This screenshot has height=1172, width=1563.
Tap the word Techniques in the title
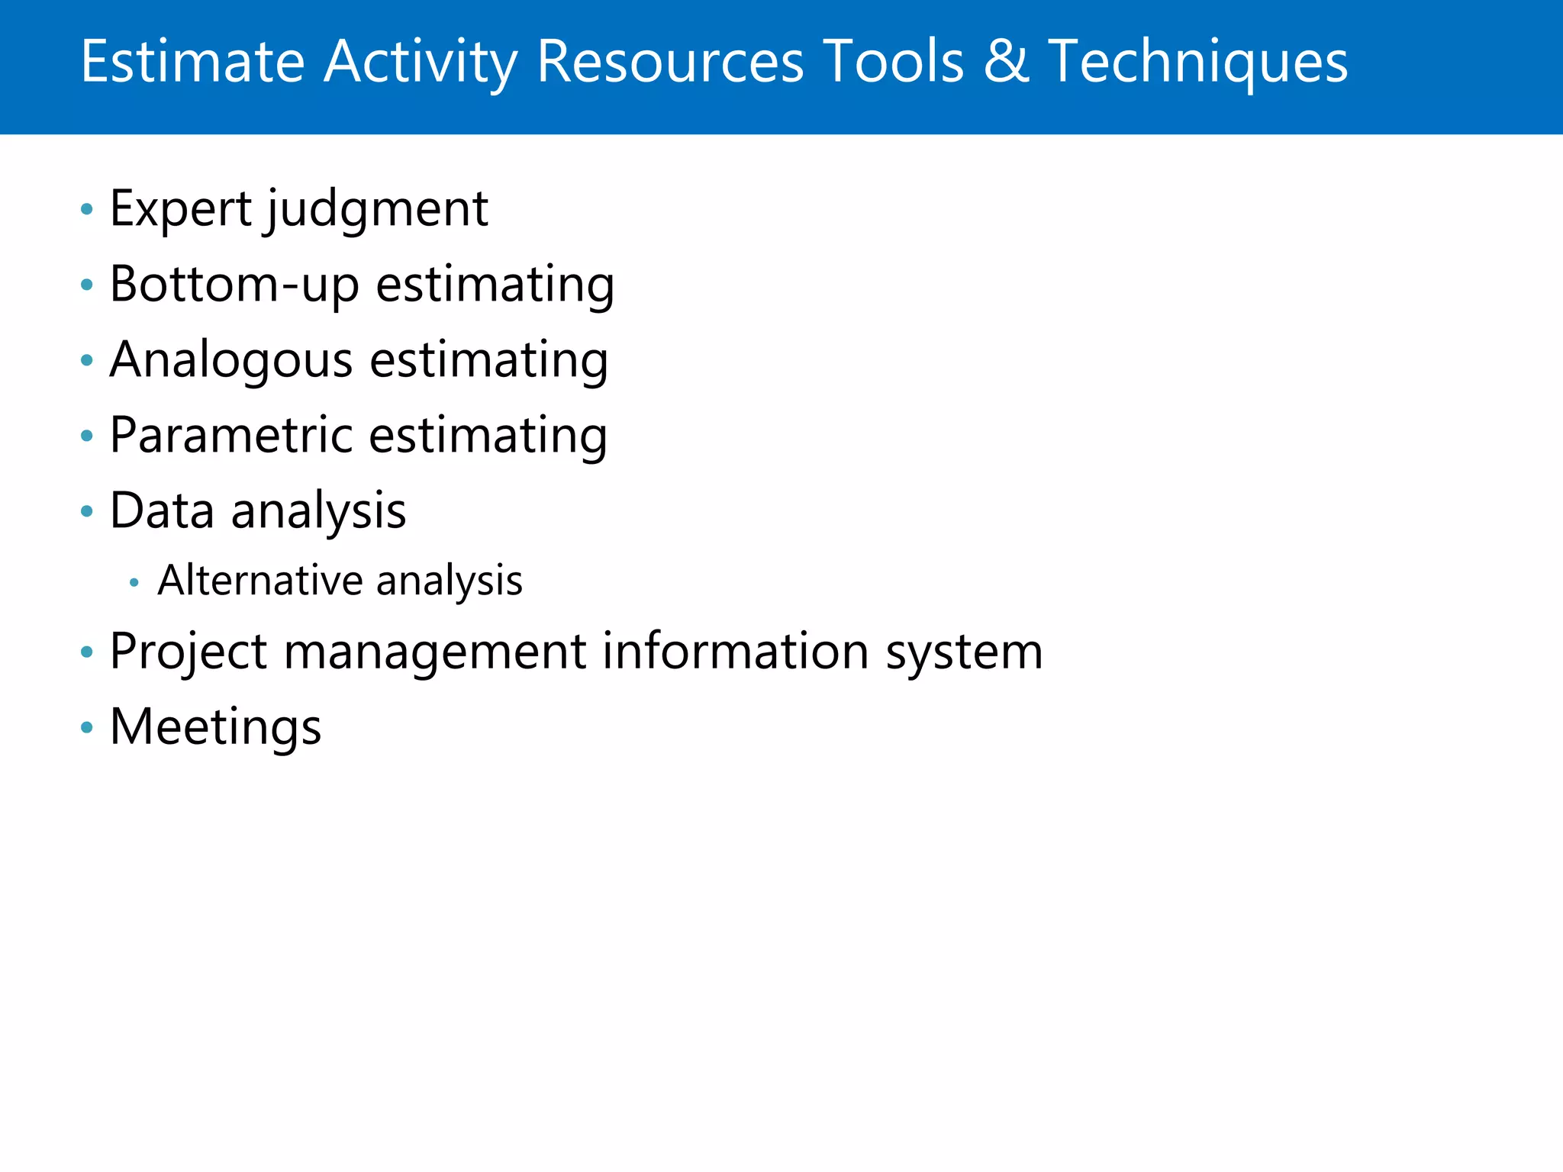(x=1197, y=63)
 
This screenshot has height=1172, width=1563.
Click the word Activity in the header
(x=421, y=63)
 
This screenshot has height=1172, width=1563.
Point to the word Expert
(x=181, y=209)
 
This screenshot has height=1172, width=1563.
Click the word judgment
(x=378, y=211)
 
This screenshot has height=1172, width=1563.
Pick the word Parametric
(x=231, y=436)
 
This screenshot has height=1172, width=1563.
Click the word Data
(x=162, y=510)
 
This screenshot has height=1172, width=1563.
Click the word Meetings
(x=216, y=727)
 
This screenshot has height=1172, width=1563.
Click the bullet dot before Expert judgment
(x=87, y=209)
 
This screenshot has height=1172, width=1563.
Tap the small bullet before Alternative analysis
(x=134, y=583)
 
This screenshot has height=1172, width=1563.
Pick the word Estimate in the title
(x=193, y=63)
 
